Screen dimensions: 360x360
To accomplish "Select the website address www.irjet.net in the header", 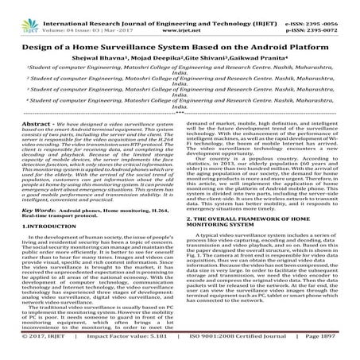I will (x=179, y=13).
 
